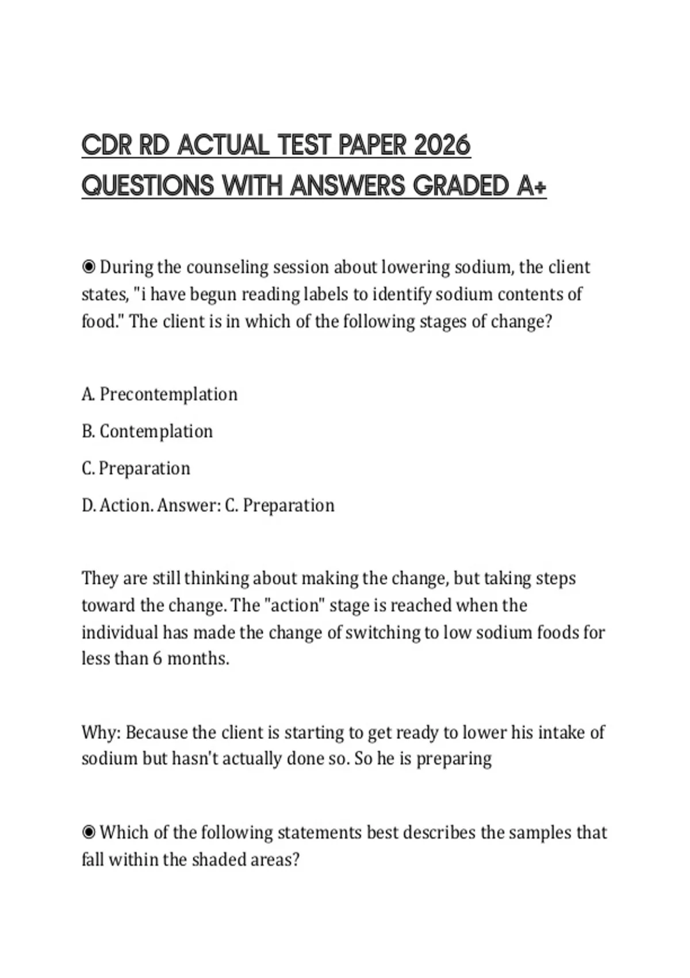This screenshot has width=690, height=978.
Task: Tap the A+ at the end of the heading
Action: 531,186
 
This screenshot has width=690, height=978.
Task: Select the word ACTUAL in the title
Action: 223,145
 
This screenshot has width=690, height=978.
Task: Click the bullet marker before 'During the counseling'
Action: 89,268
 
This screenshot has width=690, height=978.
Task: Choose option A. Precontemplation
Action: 160,395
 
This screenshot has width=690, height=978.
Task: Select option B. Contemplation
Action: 147,431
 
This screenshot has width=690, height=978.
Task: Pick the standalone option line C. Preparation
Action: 136,468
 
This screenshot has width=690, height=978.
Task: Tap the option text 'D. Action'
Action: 117,506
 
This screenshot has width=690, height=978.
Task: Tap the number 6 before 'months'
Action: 157,658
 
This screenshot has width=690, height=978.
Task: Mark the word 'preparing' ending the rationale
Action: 454,759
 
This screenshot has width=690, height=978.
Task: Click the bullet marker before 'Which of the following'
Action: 89,832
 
